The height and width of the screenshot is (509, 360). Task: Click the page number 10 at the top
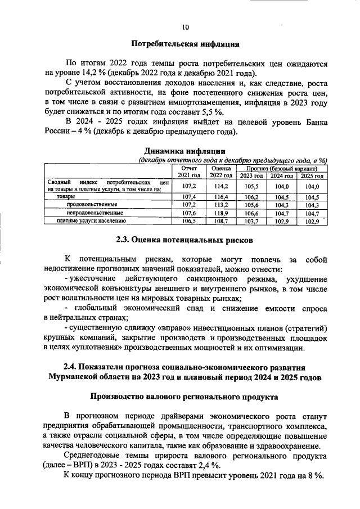pyautogui.click(x=186, y=26)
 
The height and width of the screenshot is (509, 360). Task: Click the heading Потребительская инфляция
pyautogui.click(x=186, y=43)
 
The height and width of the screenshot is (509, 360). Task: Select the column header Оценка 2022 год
pyautogui.click(x=220, y=172)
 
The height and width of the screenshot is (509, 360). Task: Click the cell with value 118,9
pyautogui.click(x=220, y=213)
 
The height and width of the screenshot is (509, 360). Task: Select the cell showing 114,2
pyautogui.click(x=220, y=186)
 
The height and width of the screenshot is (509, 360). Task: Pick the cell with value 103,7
pyautogui.click(x=251, y=221)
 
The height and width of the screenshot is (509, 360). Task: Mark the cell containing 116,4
pyautogui.click(x=220, y=197)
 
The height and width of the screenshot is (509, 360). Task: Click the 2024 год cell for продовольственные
pyautogui.click(x=282, y=205)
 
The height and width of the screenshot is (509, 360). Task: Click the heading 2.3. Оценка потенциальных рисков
pyautogui.click(x=185, y=240)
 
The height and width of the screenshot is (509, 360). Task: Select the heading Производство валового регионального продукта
pyautogui.click(x=185, y=397)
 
